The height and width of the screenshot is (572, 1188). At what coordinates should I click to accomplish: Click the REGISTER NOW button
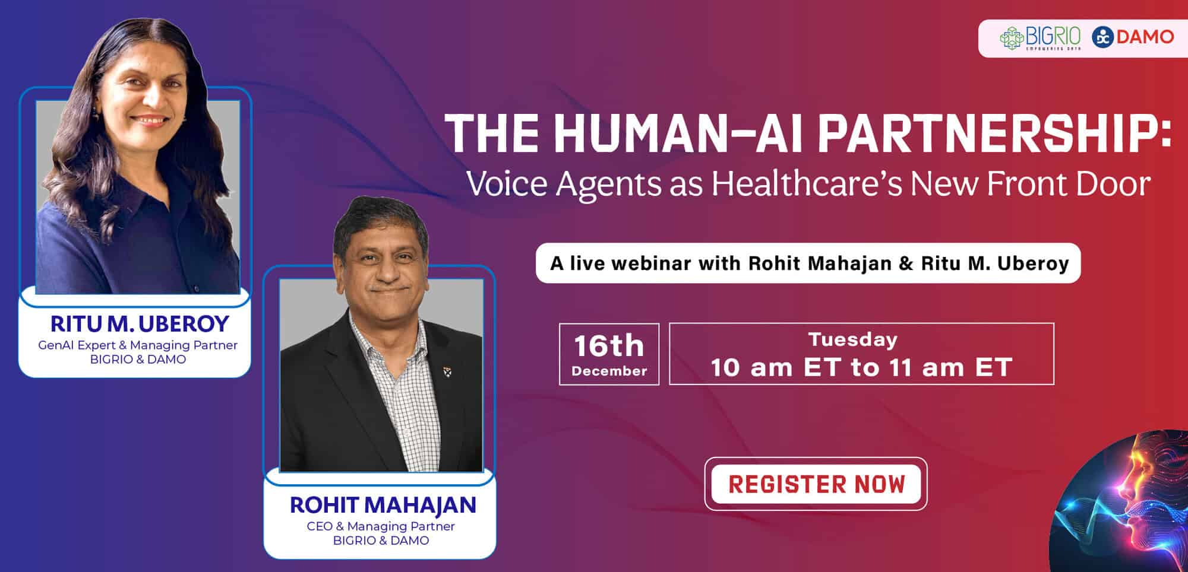pyautogui.click(x=816, y=484)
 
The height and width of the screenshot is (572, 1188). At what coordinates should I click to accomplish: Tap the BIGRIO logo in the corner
pyautogui.click(x=1039, y=38)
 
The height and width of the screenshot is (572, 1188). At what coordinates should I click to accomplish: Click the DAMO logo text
pyautogui.click(x=1145, y=37)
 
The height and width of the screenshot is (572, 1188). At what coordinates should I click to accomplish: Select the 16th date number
pyautogui.click(x=609, y=346)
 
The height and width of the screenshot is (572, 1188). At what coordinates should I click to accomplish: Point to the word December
pyautogui.click(x=609, y=371)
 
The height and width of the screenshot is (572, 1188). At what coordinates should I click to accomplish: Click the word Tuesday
pyautogui.click(x=853, y=339)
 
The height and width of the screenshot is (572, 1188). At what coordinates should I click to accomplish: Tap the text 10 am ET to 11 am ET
pyautogui.click(x=861, y=367)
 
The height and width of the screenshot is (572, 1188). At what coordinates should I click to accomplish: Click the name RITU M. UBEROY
pyautogui.click(x=140, y=324)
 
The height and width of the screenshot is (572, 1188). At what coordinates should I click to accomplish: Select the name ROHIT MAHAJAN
pyautogui.click(x=383, y=505)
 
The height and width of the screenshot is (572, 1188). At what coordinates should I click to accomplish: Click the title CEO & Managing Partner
pyautogui.click(x=381, y=526)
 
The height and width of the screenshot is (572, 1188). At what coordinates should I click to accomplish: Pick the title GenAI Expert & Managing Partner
pyautogui.click(x=138, y=345)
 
